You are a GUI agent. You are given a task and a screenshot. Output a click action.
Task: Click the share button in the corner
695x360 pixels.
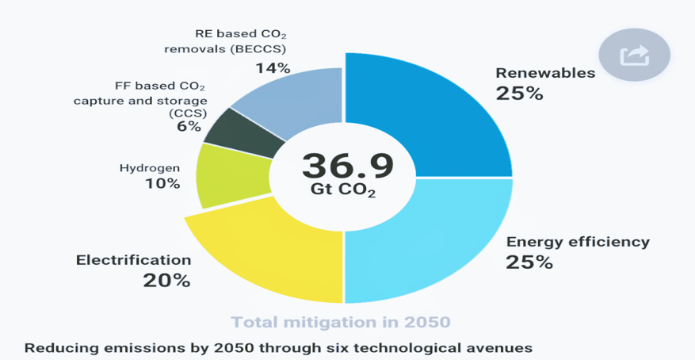(634, 56)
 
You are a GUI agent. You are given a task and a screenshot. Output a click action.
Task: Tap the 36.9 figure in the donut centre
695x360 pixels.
(347, 166)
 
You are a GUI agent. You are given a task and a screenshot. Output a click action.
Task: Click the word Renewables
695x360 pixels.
(545, 73)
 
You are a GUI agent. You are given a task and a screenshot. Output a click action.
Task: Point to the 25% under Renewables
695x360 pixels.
(519, 93)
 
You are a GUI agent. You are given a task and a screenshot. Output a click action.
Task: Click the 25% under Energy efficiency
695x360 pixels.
(529, 262)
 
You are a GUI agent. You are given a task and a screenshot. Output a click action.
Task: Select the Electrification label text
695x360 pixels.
(133, 260)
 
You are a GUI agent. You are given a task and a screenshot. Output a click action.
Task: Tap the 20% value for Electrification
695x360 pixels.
(166, 280)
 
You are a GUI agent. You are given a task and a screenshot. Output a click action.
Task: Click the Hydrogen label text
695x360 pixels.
(149, 168)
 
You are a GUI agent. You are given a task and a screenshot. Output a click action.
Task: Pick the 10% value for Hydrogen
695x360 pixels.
(162, 184)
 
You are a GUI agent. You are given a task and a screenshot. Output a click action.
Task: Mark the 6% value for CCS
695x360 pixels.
(189, 127)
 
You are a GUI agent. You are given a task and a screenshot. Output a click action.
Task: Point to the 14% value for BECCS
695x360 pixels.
(273, 68)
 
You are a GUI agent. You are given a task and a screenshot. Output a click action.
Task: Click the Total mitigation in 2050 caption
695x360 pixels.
(341, 322)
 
